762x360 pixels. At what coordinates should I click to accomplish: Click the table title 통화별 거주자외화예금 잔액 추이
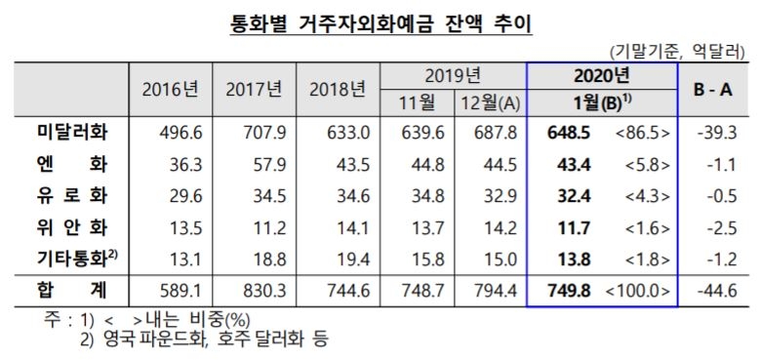(380, 20)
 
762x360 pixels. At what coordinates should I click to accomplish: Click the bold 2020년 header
(601, 75)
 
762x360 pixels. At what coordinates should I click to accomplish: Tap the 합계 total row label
(70, 290)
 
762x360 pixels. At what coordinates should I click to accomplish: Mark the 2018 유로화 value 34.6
(339, 196)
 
